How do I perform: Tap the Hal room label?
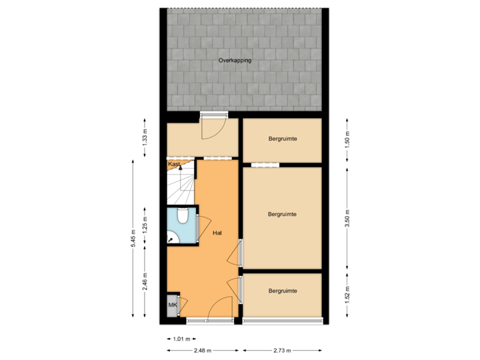[217, 233]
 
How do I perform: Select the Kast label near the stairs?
[174, 163]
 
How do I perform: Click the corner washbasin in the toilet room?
[171, 237]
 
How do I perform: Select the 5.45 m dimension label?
[133, 238]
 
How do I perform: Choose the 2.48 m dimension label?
[202, 350]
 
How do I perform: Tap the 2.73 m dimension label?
[283, 350]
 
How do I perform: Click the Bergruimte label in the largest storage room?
[281, 214]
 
